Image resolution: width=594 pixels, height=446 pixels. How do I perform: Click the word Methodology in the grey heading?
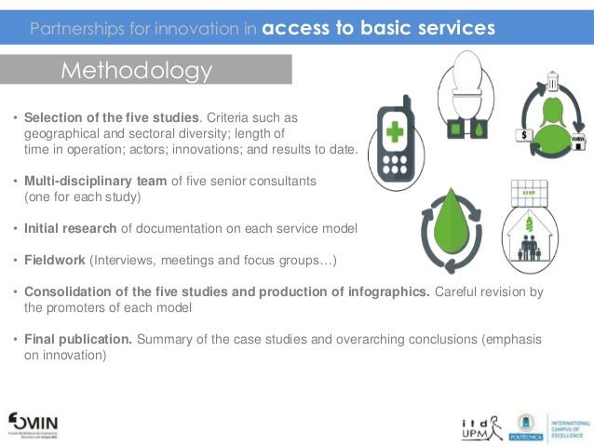137,71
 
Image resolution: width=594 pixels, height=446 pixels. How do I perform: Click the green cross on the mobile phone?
395,128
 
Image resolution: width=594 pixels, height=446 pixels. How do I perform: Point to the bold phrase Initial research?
70,228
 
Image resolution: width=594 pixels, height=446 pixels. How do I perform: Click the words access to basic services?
378,29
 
